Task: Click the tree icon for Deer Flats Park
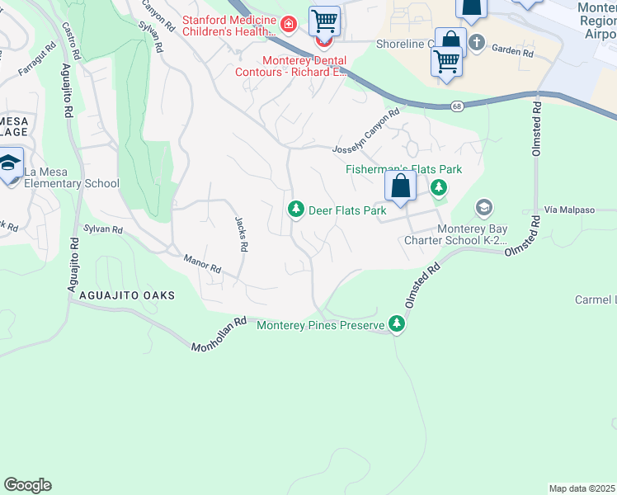[x=295, y=210]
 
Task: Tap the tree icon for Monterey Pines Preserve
[x=398, y=325]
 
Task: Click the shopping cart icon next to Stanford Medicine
[x=324, y=19]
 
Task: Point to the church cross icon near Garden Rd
[x=476, y=41]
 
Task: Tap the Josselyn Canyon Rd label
[x=365, y=133]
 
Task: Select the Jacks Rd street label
[x=241, y=234]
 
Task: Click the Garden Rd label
[x=512, y=51]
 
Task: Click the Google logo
[x=27, y=485]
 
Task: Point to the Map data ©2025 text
[x=582, y=488]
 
